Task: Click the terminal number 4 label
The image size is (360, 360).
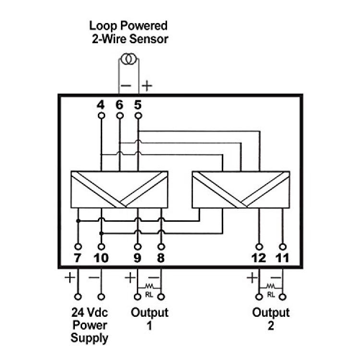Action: tap(101, 105)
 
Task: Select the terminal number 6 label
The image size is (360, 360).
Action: tap(120, 105)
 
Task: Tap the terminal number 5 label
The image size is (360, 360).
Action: tap(138, 105)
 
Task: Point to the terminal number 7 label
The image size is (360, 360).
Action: tap(78, 258)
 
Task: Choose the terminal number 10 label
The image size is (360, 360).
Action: tap(101, 258)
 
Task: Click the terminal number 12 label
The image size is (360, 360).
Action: tap(259, 258)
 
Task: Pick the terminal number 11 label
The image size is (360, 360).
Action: tap(282, 258)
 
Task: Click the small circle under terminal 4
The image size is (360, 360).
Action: tap(101, 116)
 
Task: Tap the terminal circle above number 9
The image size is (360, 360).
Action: tap(138, 247)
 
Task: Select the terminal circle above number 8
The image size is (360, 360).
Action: tap(161, 247)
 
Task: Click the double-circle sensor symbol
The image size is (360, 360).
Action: tap(129, 59)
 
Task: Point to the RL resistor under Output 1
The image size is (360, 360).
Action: tap(149, 286)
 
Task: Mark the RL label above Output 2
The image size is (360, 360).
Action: tap(271, 295)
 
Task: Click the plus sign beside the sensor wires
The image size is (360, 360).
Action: tap(147, 86)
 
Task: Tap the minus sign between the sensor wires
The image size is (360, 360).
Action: tap(126, 86)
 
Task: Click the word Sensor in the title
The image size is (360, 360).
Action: tap(149, 39)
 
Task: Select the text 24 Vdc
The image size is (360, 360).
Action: tap(90, 312)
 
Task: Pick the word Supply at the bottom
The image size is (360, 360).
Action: tap(89, 338)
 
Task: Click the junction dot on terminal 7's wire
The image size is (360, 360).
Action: tap(78, 221)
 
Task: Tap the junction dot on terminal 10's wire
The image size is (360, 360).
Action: tap(101, 233)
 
